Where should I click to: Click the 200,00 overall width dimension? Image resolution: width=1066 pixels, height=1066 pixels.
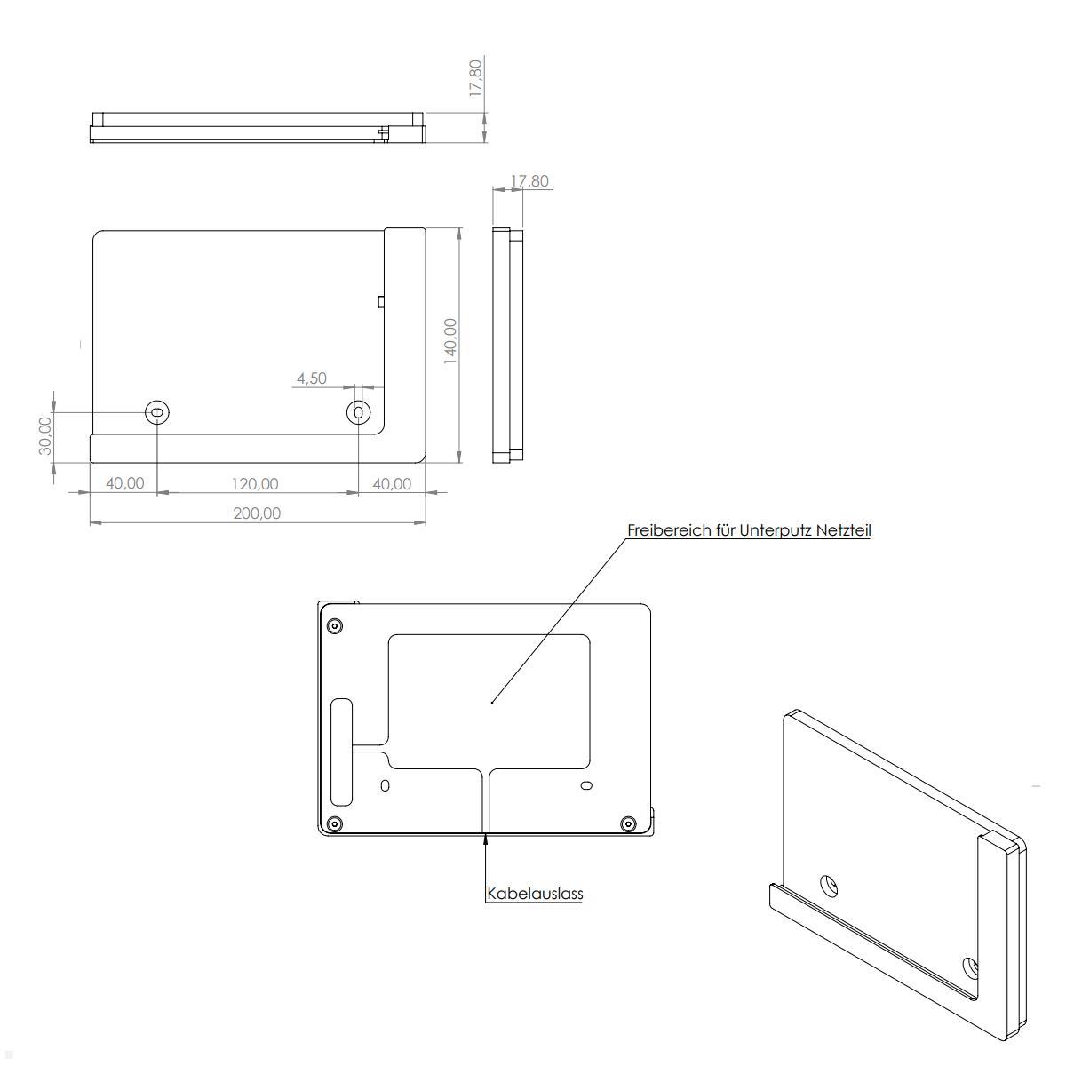click(x=257, y=513)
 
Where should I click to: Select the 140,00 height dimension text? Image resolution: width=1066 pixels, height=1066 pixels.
click(x=450, y=340)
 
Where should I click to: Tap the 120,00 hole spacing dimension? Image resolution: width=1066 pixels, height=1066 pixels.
click(x=255, y=483)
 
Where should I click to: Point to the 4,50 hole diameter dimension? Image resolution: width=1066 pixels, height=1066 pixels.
click(x=312, y=378)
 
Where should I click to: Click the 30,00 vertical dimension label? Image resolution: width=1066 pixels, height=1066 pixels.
click(x=45, y=435)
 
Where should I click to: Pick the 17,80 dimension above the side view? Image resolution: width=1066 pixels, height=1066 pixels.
click(x=529, y=181)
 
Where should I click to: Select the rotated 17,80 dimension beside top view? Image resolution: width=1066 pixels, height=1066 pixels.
click(x=476, y=78)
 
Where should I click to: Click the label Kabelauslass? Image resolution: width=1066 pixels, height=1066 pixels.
click(x=535, y=893)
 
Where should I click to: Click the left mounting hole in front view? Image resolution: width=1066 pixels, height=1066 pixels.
click(x=157, y=411)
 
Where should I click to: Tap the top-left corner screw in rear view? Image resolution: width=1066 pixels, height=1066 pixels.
click(x=334, y=625)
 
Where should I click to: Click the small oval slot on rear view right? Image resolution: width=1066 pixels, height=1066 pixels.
click(x=585, y=785)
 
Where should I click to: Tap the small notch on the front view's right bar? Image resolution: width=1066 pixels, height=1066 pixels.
click(x=380, y=301)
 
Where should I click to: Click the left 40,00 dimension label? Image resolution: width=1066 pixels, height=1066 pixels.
click(x=124, y=483)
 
